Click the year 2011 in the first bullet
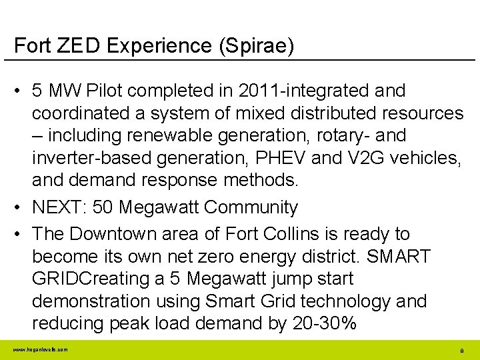[x=257, y=90]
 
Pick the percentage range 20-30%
[x=325, y=323]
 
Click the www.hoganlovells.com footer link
[x=39, y=349]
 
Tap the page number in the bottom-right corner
[x=461, y=350]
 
